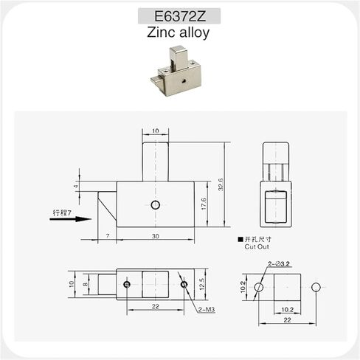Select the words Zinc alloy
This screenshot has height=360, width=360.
pyautogui.click(x=179, y=33)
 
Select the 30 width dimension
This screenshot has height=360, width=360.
pyautogui.click(x=154, y=235)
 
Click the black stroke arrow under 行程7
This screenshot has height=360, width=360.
pyautogui.click(x=83, y=218)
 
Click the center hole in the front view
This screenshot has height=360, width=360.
pyautogui.click(x=154, y=204)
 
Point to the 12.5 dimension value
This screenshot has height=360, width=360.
pyautogui.click(x=201, y=285)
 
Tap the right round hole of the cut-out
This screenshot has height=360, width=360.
pyautogui.click(x=316, y=286)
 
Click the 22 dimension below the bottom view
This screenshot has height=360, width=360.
pyautogui.click(x=154, y=306)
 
